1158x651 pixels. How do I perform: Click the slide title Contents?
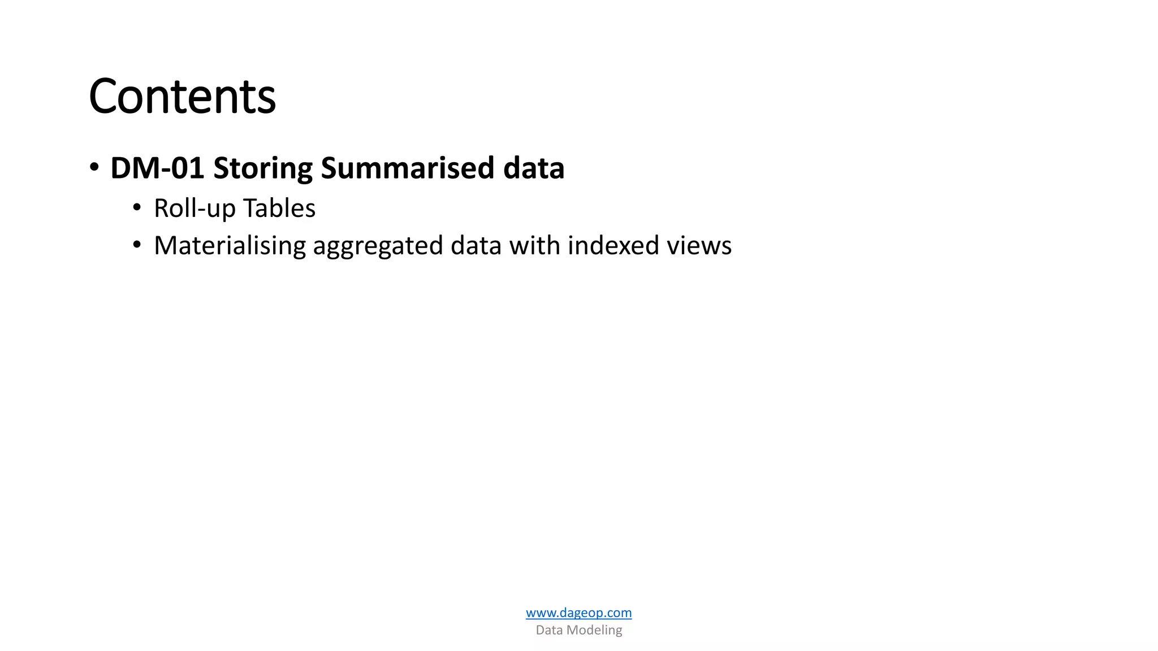tap(182, 97)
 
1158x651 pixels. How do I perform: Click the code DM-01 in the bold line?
tap(157, 168)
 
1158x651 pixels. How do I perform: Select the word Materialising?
tap(230, 246)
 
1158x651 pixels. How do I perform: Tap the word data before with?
tap(476, 246)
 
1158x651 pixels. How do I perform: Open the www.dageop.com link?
tap(578, 613)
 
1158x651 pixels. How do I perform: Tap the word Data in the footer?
tap(549, 630)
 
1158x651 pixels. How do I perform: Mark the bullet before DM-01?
tap(94, 167)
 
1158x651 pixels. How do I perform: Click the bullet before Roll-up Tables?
tap(137, 208)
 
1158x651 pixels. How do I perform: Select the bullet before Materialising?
tap(137, 245)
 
